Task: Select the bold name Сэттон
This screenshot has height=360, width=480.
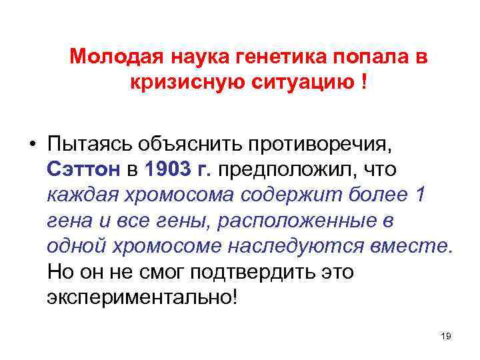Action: pyautogui.click(x=83, y=170)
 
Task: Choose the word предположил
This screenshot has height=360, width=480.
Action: pyautogui.click(x=282, y=170)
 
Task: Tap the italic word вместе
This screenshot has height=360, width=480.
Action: pyautogui.click(x=417, y=246)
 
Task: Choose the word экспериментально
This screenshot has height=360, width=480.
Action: pyautogui.click(x=140, y=297)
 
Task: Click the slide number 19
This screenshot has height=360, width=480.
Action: pyautogui.click(x=446, y=336)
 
